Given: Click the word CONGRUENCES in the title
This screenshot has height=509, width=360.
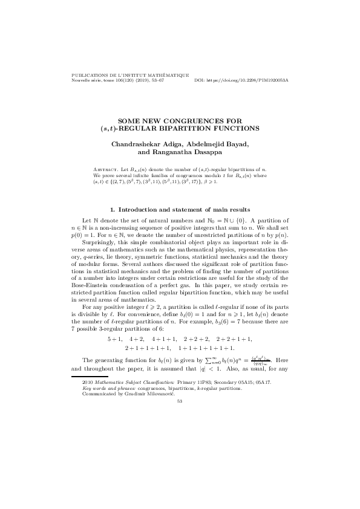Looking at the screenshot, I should click(203, 121).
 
